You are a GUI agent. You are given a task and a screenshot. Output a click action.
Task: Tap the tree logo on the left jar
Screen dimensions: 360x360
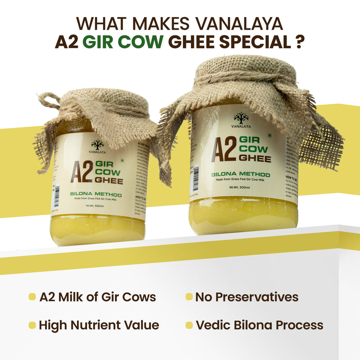pyautogui.click(x=97, y=145)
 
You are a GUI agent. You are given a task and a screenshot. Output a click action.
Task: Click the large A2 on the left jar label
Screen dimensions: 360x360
pyautogui.click(x=81, y=171)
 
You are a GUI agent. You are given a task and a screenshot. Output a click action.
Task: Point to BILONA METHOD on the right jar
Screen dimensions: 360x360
pyautogui.click(x=241, y=174)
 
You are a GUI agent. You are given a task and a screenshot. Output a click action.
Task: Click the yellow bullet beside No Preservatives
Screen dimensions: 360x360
pyautogui.click(x=189, y=297)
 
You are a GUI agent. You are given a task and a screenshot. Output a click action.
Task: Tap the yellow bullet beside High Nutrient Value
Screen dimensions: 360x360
pyautogui.click(x=32, y=325)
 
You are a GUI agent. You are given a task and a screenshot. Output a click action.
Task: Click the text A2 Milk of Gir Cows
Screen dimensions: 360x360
pyautogui.click(x=98, y=297)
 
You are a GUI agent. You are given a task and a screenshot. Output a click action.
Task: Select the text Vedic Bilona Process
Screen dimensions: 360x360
pyautogui.click(x=259, y=325)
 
